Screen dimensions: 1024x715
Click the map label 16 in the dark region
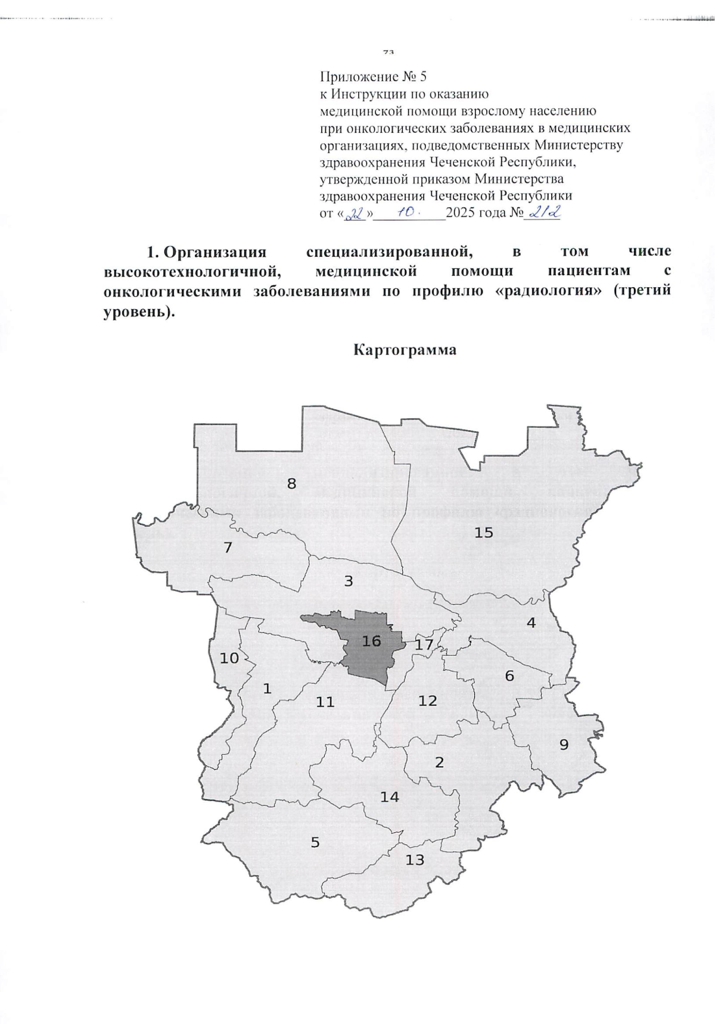pyautogui.click(x=371, y=641)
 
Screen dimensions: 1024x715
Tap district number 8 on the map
pyautogui.click(x=291, y=484)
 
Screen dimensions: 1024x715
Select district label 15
pyautogui.click(x=484, y=532)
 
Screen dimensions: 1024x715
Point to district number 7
pyautogui.click(x=228, y=547)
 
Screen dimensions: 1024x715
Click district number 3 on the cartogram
pyautogui.click(x=349, y=581)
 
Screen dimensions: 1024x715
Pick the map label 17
pyautogui.click(x=424, y=644)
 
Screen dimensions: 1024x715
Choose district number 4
pyautogui.click(x=530, y=623)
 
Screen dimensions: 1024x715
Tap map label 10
pyautogui.click(x=229, y=658)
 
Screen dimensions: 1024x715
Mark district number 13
pyautogui.click(x=415, y=860)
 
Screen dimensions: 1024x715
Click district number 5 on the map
pyautogui.click(x=315, y=842)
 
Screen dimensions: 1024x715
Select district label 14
pyautogui.click(x=390, y=796)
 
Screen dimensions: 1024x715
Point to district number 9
pyautogui.click(x=564, y=744)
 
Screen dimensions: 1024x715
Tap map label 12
pyautogui.click(x=428, y=701)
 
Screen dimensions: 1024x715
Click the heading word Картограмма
pyautogui.click(x=405, y=350)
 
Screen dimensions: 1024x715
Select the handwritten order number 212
pyautogui.click(x=542, y=212)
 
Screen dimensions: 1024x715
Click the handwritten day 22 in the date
pyautogui.click(x=356, y=213)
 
